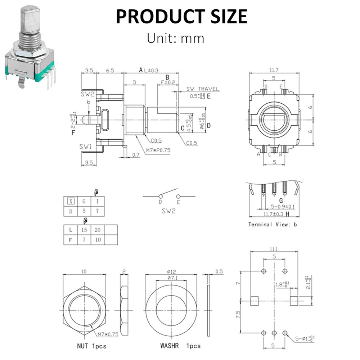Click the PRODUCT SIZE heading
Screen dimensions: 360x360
click(181, 16)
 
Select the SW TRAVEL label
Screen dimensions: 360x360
click(202, 89)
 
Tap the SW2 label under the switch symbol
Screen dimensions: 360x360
click(169, 212)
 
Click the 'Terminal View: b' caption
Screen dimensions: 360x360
click(273, 224)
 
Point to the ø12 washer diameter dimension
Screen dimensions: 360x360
click(171, 271)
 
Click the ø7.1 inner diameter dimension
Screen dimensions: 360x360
click(171, 278)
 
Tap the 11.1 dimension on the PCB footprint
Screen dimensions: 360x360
click(274, 249)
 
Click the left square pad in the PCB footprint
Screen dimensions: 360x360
click(254, 300)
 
